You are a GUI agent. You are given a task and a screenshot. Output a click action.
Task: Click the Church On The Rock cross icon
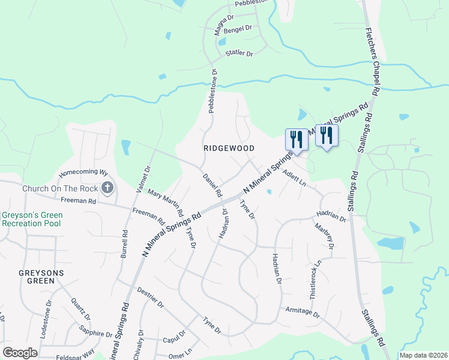pos(107,188)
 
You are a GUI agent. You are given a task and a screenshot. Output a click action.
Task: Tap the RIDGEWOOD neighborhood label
pos(228,148)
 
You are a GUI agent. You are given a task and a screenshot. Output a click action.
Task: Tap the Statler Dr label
pos(240,53)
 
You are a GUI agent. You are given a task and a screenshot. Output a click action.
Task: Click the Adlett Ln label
pos(294,178)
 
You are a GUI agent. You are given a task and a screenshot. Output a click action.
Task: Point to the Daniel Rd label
pos(213,186)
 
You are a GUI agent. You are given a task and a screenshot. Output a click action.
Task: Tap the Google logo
pos(20,352)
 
